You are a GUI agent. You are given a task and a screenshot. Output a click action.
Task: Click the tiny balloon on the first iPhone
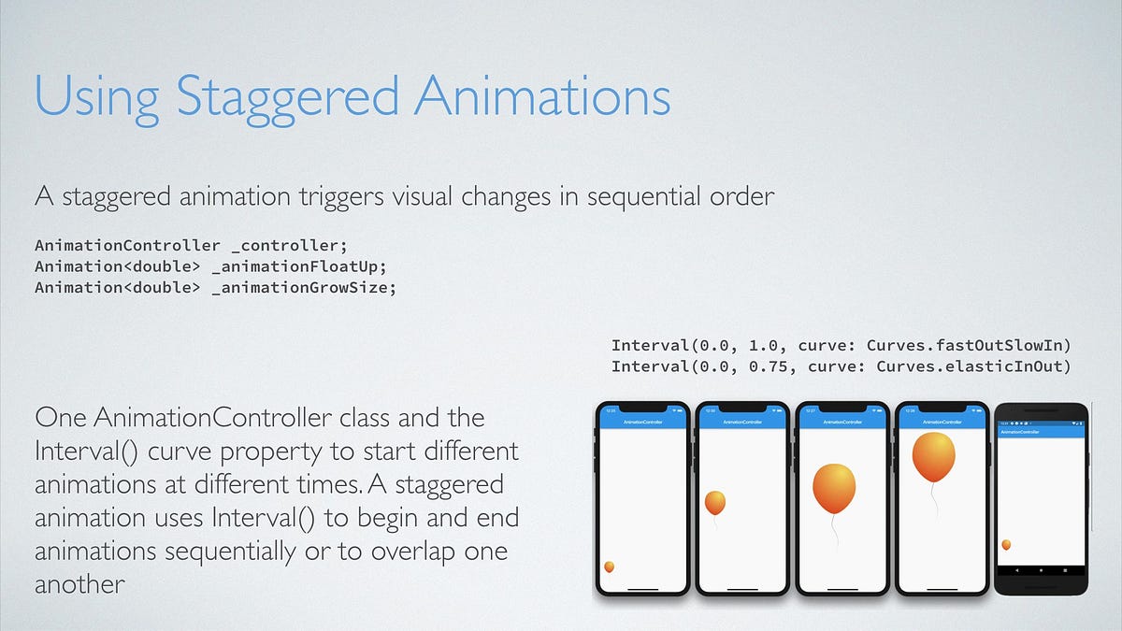[x=610, y=566]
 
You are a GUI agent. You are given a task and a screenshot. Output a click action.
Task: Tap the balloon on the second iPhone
[x=714, y=503]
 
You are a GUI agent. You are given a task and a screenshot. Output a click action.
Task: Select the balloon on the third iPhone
[x=834, y=488]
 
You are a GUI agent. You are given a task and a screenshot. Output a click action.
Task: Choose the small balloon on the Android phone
[x=1006, y=544]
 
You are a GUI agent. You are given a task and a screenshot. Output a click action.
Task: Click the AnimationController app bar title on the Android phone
[x=1020, y=432]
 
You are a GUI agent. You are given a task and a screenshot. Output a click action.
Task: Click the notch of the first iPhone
[x=642, y=409]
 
